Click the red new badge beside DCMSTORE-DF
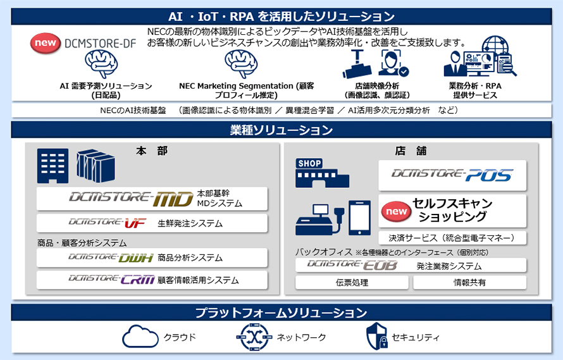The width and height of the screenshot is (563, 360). click(x=46, y=43)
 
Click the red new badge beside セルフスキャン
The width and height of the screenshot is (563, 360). click(x=396, y=211)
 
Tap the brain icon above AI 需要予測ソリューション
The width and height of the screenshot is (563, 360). click(x=102, y=64)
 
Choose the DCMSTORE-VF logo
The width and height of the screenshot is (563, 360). click(x=102, y=223)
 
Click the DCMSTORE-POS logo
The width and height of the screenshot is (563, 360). click(x=452, y=175)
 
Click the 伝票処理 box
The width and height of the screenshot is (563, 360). click(x=352, y=283)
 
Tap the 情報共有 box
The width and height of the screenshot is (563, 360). click(x=469, y=283)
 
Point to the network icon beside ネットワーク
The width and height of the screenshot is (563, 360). click(x=253, y=337)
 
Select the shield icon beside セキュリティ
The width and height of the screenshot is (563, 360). click(x=376, y=337)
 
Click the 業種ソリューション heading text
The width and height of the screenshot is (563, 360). click(x=281, y=131)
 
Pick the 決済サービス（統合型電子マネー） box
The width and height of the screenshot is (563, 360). click(x=452, y=238)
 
